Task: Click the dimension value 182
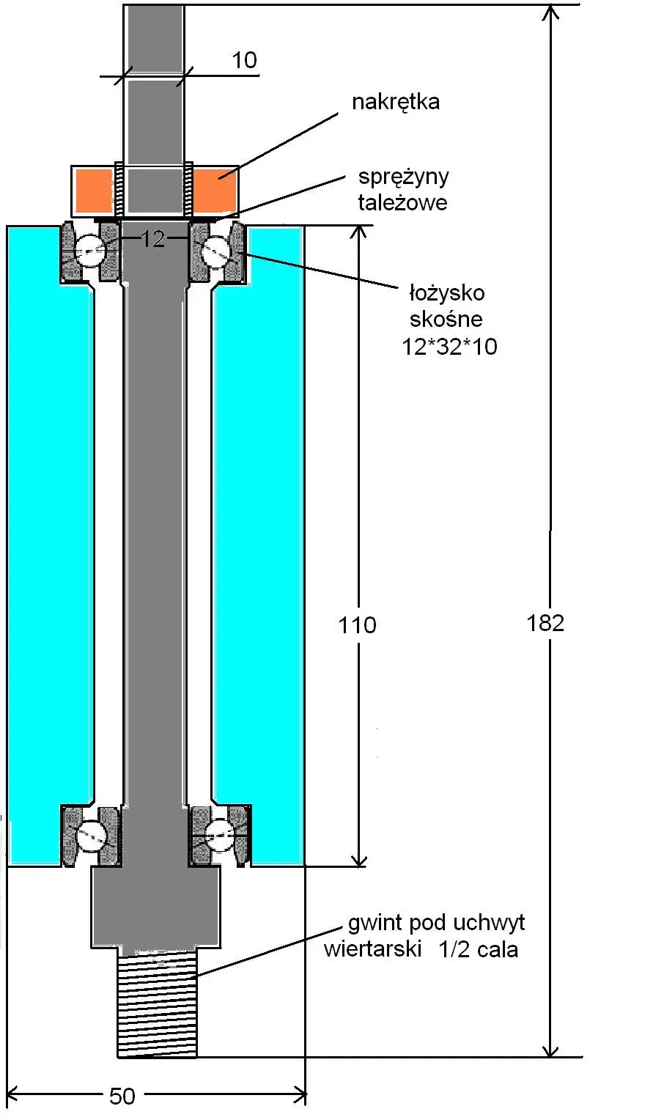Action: click(545, 623)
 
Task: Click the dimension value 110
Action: click(357, 625)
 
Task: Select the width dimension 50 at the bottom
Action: click(122, 1096)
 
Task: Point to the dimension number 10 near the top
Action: click(245, 60)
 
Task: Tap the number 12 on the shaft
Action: click(153, 239)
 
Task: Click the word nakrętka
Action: click(396, 101)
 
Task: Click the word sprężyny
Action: click(403, 177)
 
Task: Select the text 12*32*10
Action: click(449, 346)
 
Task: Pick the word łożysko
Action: click(446, 293)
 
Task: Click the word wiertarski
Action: click(373, 949)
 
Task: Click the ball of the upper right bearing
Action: click(217, 249)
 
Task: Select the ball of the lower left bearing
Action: click(92, 836)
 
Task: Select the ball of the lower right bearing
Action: click(219, 836)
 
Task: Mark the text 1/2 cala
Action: click(479, 949)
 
